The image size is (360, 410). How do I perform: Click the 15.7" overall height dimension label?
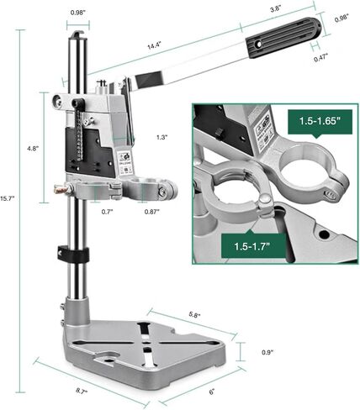[5, 198]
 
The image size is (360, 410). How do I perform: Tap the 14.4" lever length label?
[154, 45]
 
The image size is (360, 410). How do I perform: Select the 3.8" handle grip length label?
[275, 9]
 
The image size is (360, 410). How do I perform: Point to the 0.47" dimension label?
[320, 58]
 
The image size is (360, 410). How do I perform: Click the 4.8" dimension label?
[32, 149]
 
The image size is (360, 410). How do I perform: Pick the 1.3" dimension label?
[162, 137]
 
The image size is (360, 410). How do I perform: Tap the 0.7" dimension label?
[107, 212]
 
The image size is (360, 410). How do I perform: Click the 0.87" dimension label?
[151, 212]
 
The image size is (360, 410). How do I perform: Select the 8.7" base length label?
[82, 391]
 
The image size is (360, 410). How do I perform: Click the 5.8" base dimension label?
[194, 314]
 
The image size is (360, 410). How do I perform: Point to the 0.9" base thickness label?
[267, 352]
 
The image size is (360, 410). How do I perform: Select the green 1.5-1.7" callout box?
[253, 246]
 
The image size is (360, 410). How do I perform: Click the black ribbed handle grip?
[283, 37]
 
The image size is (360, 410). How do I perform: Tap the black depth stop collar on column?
[73, 253]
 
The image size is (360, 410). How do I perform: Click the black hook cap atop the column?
[78, 34]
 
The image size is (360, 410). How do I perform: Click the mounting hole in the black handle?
[258, 45]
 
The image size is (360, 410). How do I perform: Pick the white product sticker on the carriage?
[125, 162]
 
